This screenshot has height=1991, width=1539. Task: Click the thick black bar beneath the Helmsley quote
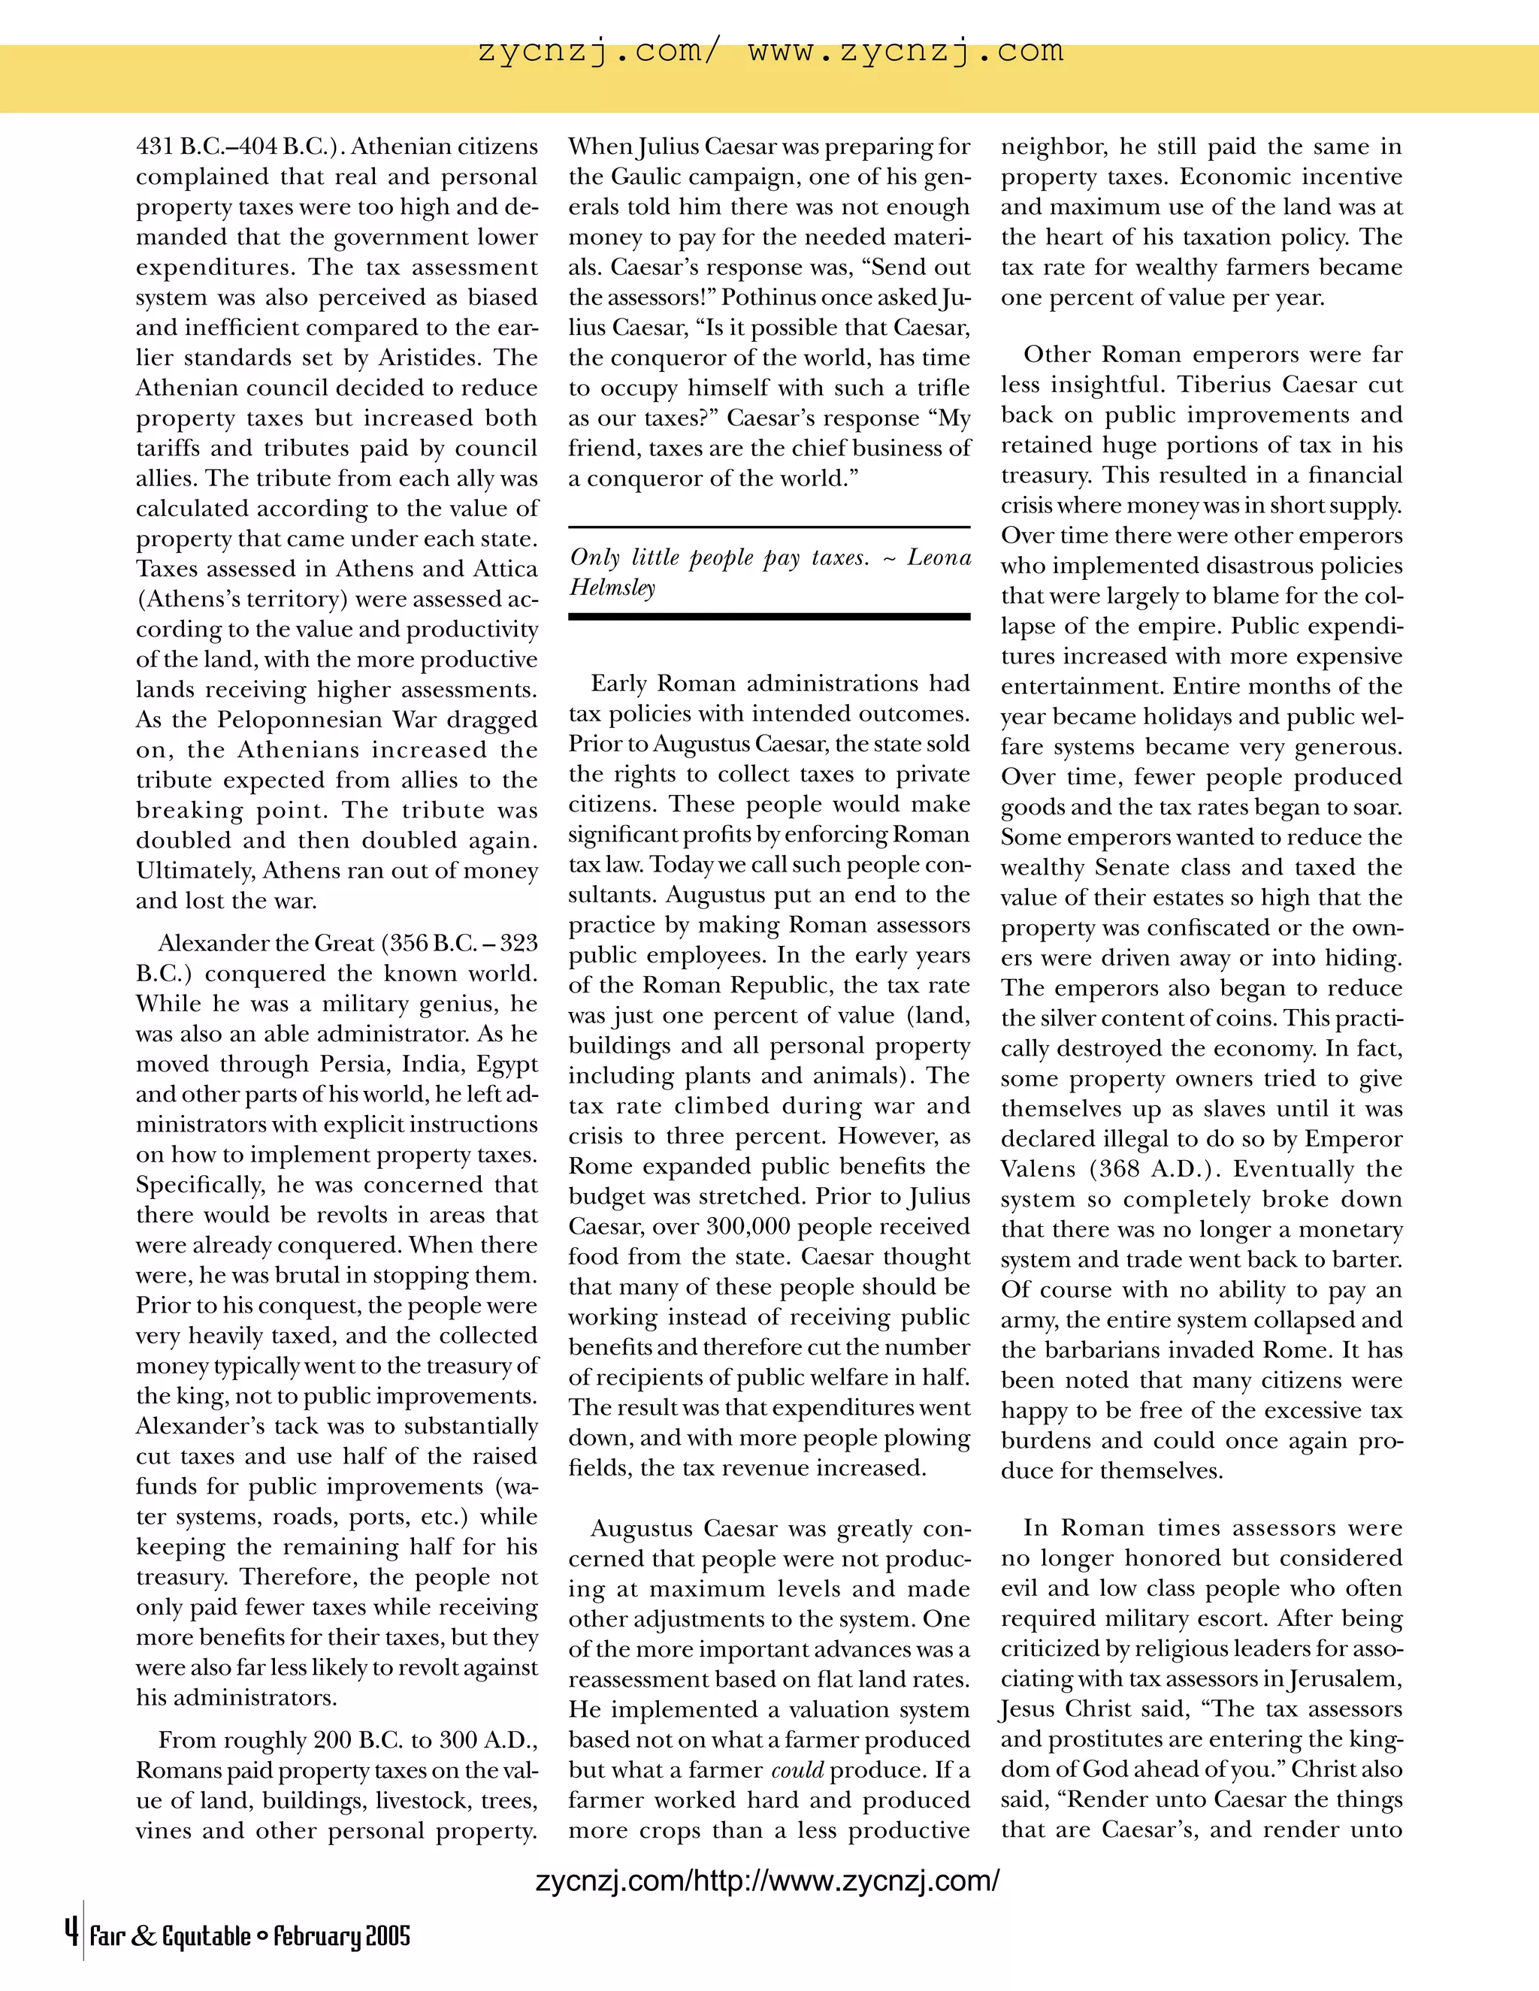point(769,617)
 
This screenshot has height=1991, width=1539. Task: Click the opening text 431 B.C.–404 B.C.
point(239,147)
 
